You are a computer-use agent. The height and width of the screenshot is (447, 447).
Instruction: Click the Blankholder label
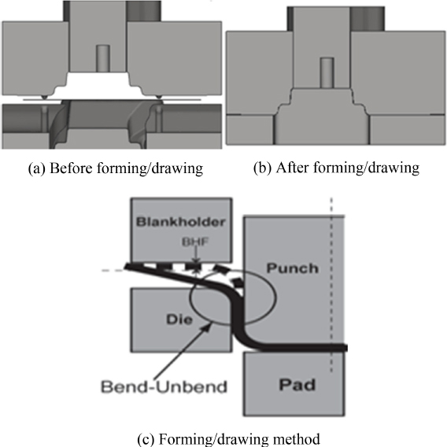coord(181,222)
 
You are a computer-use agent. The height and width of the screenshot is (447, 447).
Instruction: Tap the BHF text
coord(195,242)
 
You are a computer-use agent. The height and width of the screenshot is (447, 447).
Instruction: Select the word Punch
coord(292,268)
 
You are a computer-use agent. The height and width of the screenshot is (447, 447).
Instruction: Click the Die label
coord(179,320)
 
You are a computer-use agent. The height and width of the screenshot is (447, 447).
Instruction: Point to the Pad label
coord(297,385)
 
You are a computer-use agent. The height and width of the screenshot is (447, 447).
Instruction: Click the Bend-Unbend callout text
coord(164,387)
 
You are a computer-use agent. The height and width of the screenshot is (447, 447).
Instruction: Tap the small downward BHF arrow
coord(195,256)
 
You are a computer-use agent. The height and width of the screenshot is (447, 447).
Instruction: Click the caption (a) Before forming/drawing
coord(116,168)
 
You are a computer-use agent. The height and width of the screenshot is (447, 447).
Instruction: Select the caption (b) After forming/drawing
coord(336,168)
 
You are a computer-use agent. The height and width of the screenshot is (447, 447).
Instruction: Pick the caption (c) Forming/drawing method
coord(228,439)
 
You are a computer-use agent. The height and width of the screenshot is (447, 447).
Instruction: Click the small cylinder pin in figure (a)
coord(103,58)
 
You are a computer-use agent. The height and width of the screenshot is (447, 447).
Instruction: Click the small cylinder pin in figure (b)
coord(327,72)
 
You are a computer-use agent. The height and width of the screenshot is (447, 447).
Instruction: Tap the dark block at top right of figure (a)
coord(144,11)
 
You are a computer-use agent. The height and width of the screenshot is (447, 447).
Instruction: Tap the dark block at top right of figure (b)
coord(368,19)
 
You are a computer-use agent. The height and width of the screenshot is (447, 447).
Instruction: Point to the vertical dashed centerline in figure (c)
coord(331,285)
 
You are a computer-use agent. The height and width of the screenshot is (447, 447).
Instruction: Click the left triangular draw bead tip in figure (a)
coord(45,99)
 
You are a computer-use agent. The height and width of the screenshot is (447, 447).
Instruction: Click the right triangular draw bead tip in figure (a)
coord(159,99)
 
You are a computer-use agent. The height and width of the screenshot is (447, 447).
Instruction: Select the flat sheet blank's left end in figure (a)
coord(24,100)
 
